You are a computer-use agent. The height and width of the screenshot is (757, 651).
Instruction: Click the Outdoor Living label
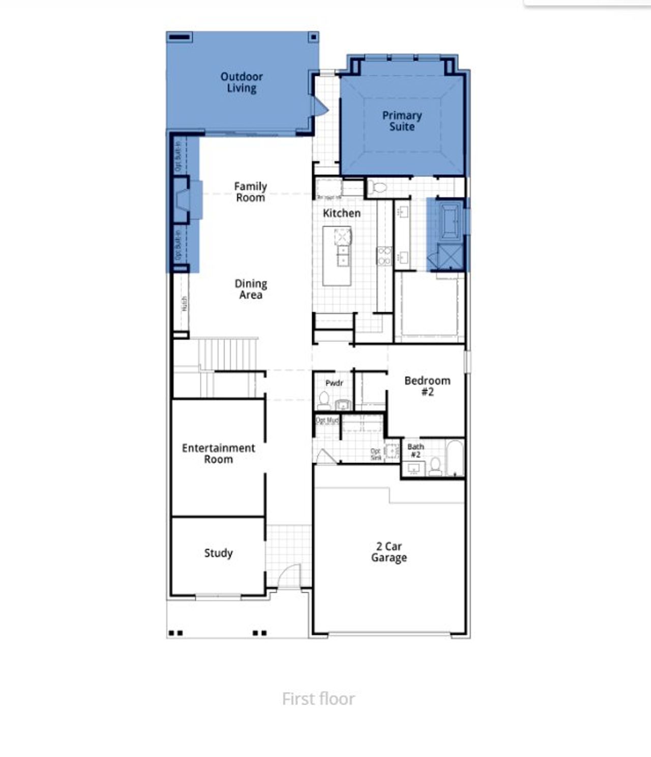pyautogui.click(x=242, y=82)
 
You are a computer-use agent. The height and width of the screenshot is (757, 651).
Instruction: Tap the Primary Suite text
pyautogui.click(x=402, y=121)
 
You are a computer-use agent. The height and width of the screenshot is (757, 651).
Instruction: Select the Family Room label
pyautogui.click(x=250, y=192)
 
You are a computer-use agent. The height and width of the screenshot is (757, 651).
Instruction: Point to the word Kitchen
pyautogui.click(x=342, y=213)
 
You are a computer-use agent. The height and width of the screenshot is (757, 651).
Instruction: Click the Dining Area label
pyautogui.click(x=251, y=289)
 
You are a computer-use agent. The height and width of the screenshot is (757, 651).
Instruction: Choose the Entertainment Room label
pyautogui.click(x=218, y=453)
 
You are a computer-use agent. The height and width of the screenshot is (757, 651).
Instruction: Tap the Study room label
pyautogui.click(x=218, y=553)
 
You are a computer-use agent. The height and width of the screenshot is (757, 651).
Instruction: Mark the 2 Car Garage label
pyautogui.click(x=389, y=552)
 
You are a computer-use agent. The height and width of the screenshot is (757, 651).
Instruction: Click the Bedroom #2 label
pyautogui.click(x=427, y=386)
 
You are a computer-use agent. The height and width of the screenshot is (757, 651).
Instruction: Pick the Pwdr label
pyautogui.click(x=334, y=383)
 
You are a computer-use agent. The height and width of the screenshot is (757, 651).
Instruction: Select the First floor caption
pyautogui.click(x=318, y=699)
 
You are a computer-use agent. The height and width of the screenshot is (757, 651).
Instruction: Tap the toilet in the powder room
pyautogui.click(x=323, y=400)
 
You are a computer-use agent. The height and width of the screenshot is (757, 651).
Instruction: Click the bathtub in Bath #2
pyautogui.click(x=455, y=458)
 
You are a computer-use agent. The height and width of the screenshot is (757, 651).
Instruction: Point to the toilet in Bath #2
pyautogui.click(x=435, y=466)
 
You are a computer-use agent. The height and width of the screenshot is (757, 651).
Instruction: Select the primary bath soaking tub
pyautogui.click(x=451, y=221)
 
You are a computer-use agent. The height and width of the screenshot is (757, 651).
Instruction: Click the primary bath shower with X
pyautogui.click(x=450, y=257)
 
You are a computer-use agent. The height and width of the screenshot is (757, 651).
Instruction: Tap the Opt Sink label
pyautogui.click(x=376, y=454)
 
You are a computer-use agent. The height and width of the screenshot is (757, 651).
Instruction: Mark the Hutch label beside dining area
pyautogui.click(x=184, y=304)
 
